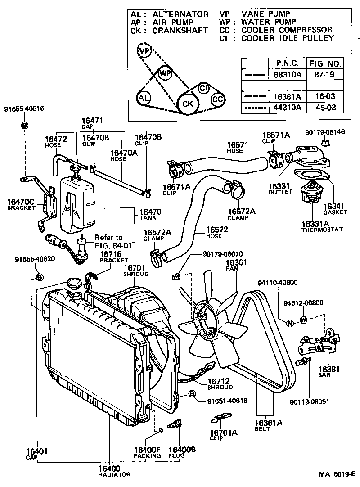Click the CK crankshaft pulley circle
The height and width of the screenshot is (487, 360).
(x=187, y=104)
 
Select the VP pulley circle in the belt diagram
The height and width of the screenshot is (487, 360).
(x=144, y=51)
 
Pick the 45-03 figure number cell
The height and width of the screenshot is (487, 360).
(x=324, y=108)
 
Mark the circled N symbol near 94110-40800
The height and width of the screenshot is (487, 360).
(x=290, y=323)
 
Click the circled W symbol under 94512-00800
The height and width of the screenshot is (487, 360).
(x=303, y=320)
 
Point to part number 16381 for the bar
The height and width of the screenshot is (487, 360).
(x=329, y=369)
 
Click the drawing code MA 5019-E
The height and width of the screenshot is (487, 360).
(x=337, y=474)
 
